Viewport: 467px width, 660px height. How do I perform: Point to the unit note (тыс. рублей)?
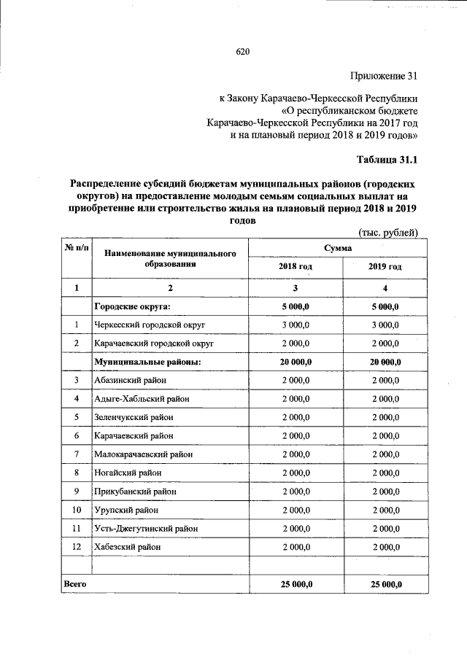pos(387,233)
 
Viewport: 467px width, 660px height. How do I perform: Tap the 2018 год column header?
pos(295,267)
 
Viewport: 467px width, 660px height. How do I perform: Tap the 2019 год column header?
pos(385,267)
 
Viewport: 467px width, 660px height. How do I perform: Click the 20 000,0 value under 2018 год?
pos(295,361)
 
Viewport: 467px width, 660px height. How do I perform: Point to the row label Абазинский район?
pos(129,380)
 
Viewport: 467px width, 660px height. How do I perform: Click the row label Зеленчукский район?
pos(134,417)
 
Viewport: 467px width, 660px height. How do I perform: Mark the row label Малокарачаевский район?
pos(144,454)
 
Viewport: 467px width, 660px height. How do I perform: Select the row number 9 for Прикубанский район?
pos(77,492)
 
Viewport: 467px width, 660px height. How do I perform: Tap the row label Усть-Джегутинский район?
pos(146,528)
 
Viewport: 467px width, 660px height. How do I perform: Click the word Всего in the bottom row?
pos(75,584)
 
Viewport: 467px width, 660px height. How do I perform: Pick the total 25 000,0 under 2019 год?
pos(385,584)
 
